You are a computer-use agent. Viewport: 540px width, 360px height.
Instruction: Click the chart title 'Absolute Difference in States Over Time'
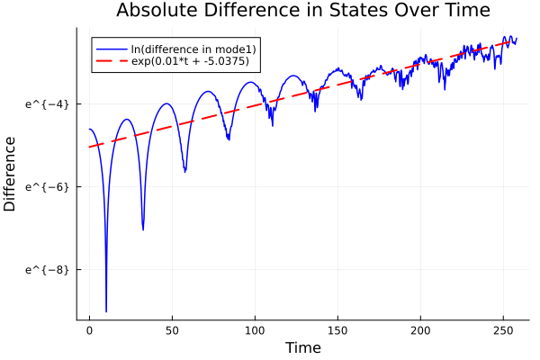pyautogui.click(x=302, y=11)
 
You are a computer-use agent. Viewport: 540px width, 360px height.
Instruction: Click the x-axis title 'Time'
pyautogui.click(x=302, y=347)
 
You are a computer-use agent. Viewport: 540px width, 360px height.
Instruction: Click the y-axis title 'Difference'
pyautogui.click(x=11, y=174)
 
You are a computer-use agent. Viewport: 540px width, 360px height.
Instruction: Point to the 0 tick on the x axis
pyautogui.click(x=89, y=331)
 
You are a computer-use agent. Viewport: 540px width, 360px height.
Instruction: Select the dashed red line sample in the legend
pyautogui.click(x=111, y=62)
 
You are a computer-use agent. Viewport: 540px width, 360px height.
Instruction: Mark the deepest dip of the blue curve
pyautogui.click(x=106, y=311)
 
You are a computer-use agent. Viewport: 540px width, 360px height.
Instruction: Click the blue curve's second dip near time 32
pyautogui.click(x=143, y=229)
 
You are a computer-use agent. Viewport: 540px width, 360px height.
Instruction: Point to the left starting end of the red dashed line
pyautogui.click(x=90, y=147)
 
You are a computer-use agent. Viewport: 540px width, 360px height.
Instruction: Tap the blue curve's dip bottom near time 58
pyautogui.click(x=185, y=171)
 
